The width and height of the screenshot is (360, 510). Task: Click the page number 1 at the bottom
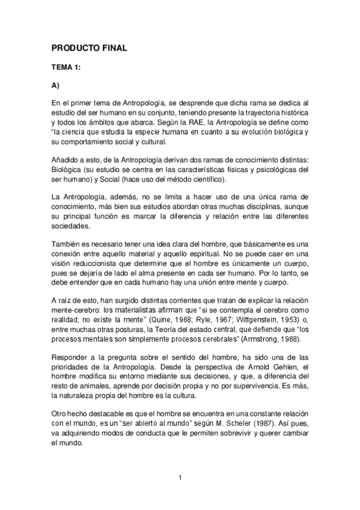click(180, 478)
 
